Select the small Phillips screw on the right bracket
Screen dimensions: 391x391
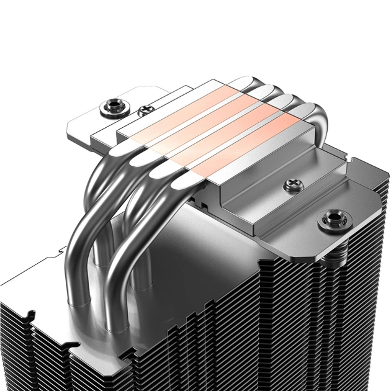pyautogui.click(x=290, y=185)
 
